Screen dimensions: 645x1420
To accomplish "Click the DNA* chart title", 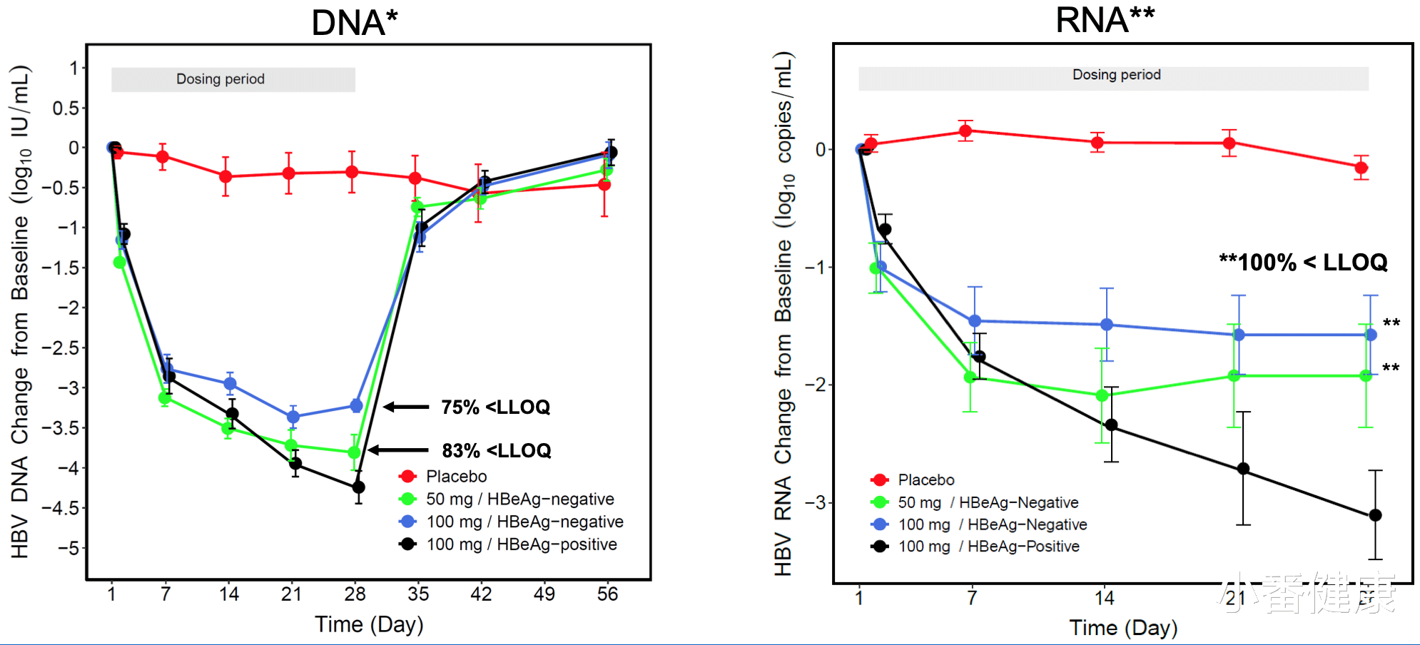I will click(x=354, y=23).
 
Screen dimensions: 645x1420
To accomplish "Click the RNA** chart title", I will click(x=1105, y=20).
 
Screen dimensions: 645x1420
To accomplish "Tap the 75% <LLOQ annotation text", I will click(x=495, y=407).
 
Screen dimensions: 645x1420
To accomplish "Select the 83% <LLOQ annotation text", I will click(x=497, y=451).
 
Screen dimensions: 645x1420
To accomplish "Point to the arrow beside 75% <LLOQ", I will click(x=407, y=407).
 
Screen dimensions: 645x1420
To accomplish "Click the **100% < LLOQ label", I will click(x=1303, y=263).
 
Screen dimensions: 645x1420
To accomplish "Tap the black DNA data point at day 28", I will click(x=359, y=487).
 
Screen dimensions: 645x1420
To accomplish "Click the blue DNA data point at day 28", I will click(x=356, y=406).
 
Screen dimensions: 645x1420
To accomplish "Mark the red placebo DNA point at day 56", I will click(x=604, y=185).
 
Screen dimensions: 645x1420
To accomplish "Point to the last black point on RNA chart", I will click(x=1375, y=515).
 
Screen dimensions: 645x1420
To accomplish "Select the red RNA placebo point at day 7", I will click(x=965, y=131).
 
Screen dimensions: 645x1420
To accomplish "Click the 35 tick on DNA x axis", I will click(x=418, y=594).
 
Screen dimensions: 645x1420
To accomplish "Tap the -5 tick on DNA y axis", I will click(x=69, y=549).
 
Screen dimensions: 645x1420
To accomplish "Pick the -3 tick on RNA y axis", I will click(x=815, y=502).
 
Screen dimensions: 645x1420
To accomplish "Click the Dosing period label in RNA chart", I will click(x=1116, y=75).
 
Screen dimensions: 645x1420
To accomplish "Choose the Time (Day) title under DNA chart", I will click(x=369, y=624).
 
